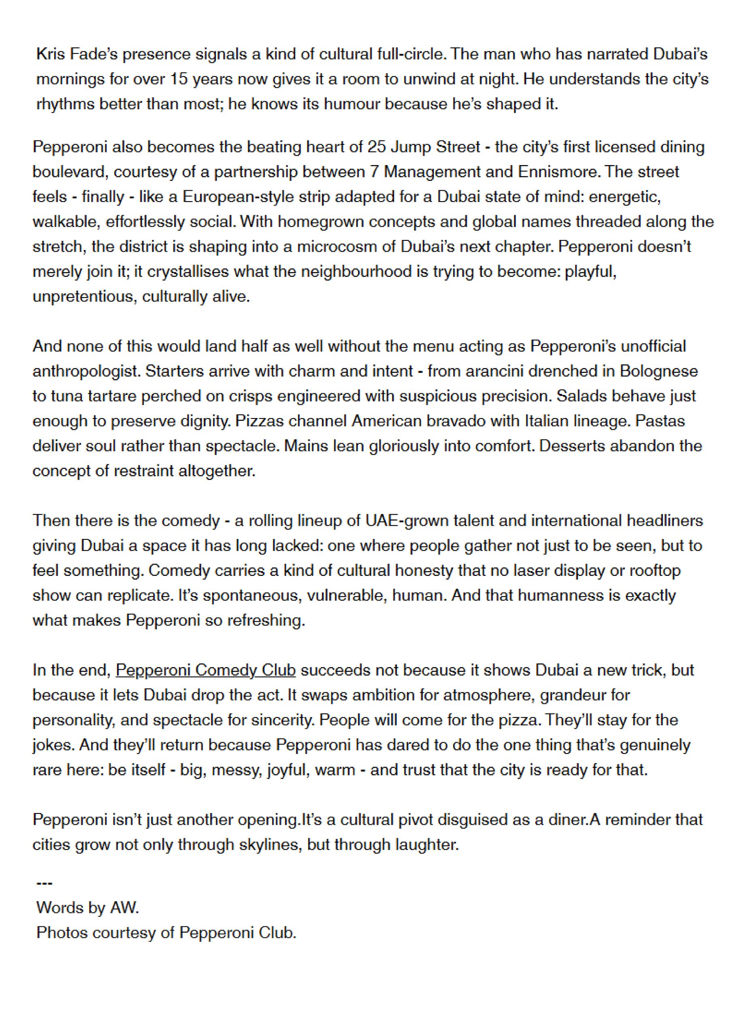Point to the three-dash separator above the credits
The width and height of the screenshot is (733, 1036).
[45, 883]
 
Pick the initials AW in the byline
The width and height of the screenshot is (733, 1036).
[124, 907]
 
